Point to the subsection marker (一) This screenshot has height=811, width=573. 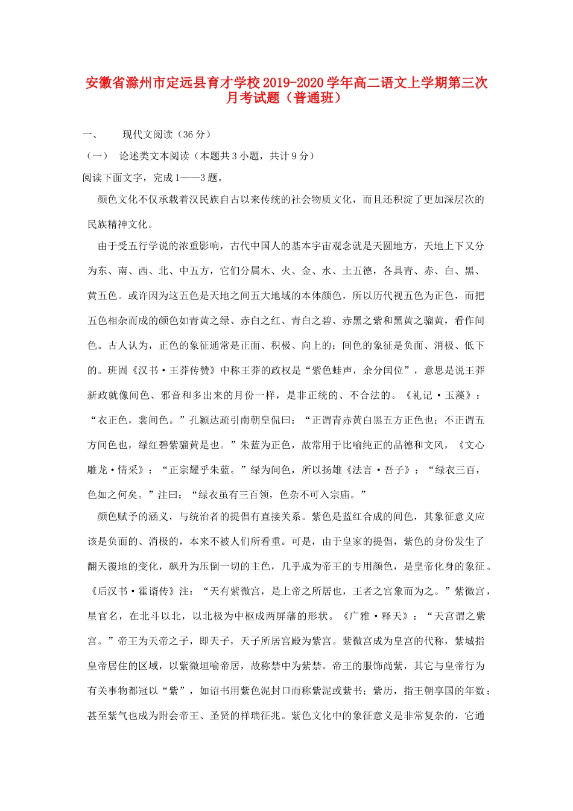tap(97, 156)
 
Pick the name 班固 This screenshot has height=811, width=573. tap(118, 371)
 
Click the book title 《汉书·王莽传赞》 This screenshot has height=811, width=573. tap(178, 371)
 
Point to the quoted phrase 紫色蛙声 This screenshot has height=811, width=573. tap(332, 371)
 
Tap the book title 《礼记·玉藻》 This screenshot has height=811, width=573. tap(440, 395)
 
